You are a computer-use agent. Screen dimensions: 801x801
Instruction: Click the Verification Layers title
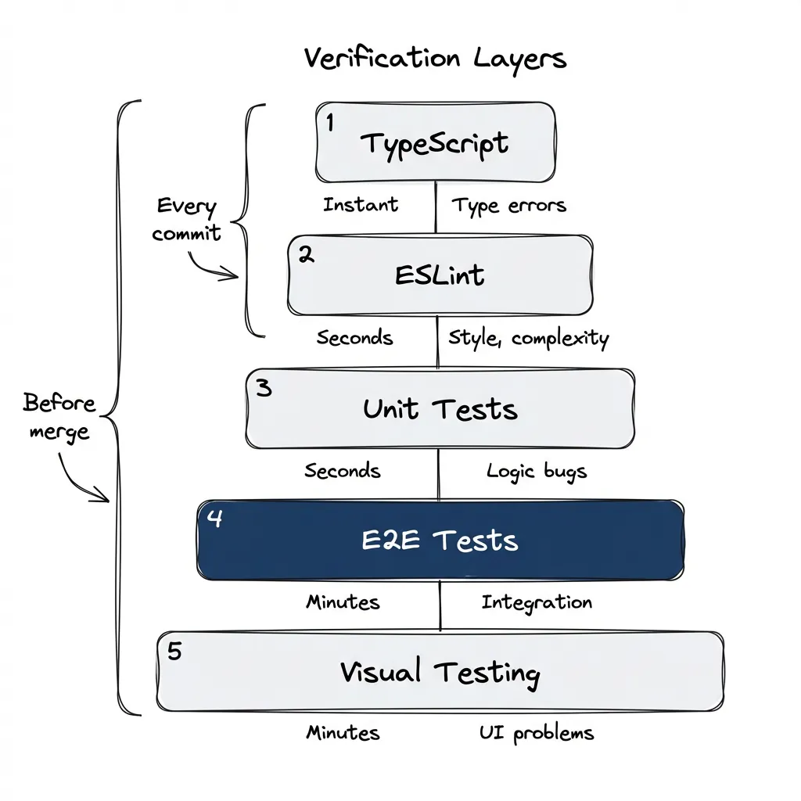coord(435,59)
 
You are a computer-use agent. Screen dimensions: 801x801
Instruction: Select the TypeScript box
coord(436,143)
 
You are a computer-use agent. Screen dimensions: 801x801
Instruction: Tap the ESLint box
coord(440,275)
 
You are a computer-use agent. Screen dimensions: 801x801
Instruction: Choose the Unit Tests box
coord(440,409)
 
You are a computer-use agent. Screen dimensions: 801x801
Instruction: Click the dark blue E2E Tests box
coord(440,541)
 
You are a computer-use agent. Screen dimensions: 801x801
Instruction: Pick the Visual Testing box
coord(440,672)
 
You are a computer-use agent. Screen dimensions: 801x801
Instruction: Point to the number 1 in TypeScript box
coord(329,124)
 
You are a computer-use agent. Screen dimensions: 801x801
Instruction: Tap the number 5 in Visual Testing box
coord(174,652)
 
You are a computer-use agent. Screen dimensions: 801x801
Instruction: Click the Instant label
coord(361,205)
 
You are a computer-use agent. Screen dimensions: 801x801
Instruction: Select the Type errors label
coord(508,206)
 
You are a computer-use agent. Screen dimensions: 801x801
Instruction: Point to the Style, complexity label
coord(528,338)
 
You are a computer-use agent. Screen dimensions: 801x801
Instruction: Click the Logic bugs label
coord(536,471)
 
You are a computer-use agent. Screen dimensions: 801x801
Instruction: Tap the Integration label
coord(537,602)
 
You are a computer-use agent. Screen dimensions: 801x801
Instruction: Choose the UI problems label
coord(537,733)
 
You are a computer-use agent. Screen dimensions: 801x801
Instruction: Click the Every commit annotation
coord(186,220)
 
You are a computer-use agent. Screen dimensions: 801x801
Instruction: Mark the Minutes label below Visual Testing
coord(343,733)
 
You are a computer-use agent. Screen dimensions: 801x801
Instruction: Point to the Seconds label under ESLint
coord(354,338)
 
